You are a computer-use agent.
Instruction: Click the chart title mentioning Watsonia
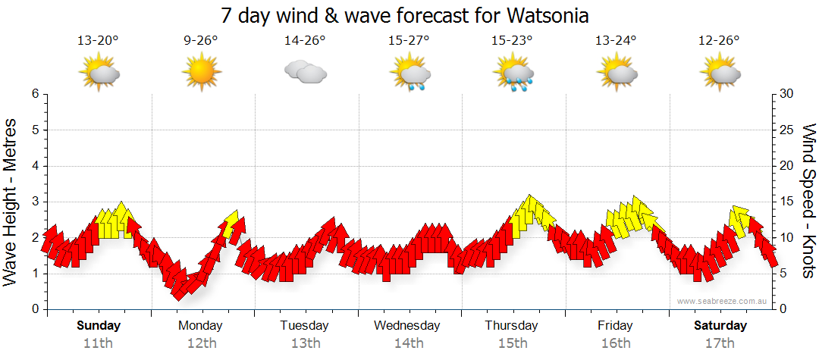coord(405,15)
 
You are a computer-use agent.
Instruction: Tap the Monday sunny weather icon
coord(201,73)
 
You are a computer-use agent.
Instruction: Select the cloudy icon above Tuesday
coord(305,72)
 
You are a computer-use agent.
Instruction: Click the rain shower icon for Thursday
coord(513,74)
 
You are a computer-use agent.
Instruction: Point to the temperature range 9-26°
coord(201,40)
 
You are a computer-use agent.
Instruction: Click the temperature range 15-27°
coord(409,40)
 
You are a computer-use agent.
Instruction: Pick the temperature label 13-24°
coord(616,40)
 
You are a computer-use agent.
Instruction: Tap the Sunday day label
coord(99,326)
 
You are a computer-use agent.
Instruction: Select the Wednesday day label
coord(407,326)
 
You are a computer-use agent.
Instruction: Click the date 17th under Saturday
coord(720,343)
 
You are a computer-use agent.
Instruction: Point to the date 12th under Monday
coord(201,343)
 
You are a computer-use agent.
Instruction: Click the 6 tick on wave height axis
coord(35,94)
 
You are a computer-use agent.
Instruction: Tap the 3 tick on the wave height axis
coord(35,202)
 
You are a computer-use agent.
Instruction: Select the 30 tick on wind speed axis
coord(787,94)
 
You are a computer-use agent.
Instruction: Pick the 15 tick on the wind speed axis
coord(787,202)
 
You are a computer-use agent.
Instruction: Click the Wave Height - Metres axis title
coord(11,202)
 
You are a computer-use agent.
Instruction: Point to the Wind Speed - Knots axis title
coord(808,202)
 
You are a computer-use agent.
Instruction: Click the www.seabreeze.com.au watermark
coord(723,301)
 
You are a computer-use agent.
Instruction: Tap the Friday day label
coord(615,326)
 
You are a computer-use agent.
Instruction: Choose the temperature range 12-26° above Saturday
coord(720,40)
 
